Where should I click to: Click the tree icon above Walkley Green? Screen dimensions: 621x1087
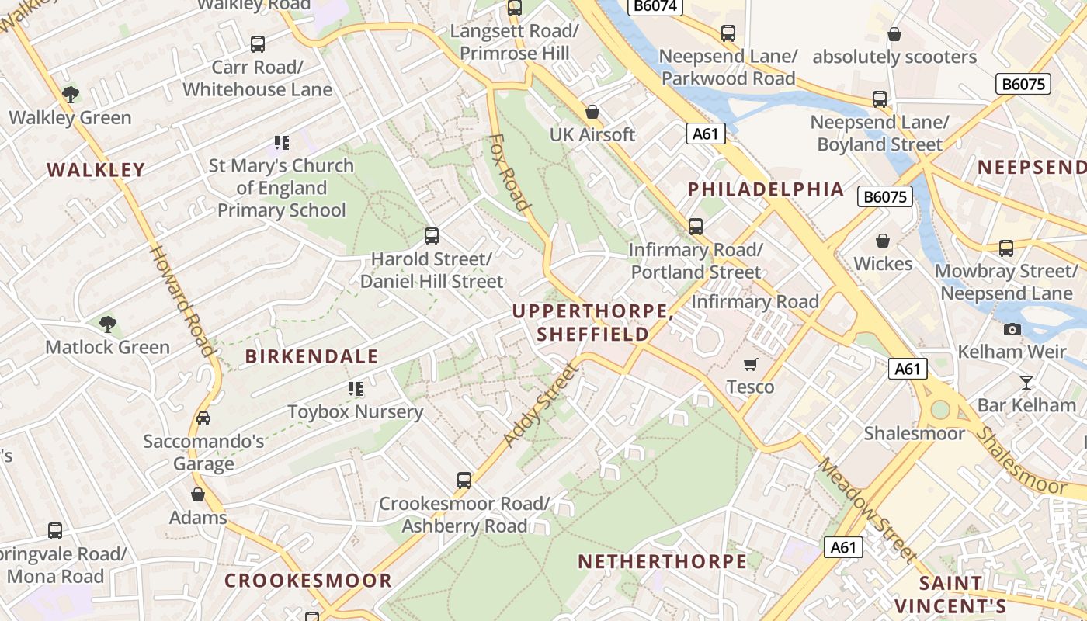tap(71, 95)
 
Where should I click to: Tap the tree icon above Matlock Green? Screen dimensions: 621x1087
tap(108, 324)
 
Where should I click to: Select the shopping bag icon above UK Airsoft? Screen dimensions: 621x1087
tap(592, 112)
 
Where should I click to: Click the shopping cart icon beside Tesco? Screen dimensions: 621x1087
tap(750, 364)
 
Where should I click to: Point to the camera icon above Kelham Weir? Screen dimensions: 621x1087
tap(1012, 329)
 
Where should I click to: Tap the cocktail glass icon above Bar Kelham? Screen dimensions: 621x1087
tap(1026, 382)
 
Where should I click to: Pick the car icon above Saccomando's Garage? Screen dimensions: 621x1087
tap(203, 418)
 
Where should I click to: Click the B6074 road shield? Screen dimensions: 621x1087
tap(656, 6)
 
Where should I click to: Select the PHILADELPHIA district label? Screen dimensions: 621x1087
tap(766, 189)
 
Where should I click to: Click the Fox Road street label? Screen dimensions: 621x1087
tap(509, 173)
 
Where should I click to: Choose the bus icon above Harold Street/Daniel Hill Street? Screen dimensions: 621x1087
tap(432, 235)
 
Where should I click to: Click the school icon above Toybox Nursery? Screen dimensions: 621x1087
tap(356, 389)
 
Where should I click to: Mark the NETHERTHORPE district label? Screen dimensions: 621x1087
tap(662, 561)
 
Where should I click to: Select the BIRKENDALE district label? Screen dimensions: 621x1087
tap(311, 356)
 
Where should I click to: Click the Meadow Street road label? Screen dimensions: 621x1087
tap(868, 508)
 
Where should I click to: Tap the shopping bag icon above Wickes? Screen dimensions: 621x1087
tap(883, 241)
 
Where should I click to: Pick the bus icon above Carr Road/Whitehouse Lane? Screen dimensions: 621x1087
tap(258, 44)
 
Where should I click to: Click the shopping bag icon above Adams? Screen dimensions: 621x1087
tap(198, 494)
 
